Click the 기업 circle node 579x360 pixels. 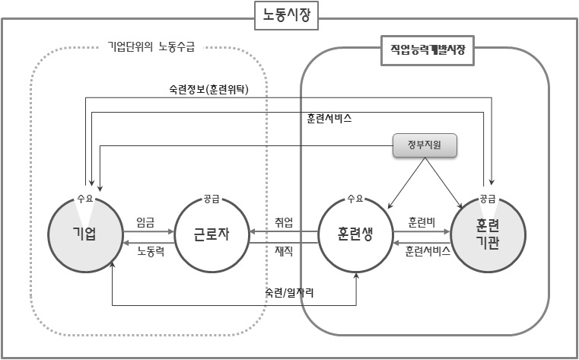click(x=85, y=232)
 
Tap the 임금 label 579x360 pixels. click(x=146, y=221)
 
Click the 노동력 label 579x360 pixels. click(x=150, y=250)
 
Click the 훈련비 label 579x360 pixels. click(x=422, y=221)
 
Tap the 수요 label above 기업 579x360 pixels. click(x=85, y=199)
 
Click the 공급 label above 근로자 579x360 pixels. click(x=212, y=199)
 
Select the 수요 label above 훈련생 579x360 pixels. click(x=355, y=199)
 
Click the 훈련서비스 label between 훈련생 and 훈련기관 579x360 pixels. click(x=428, y=250)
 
